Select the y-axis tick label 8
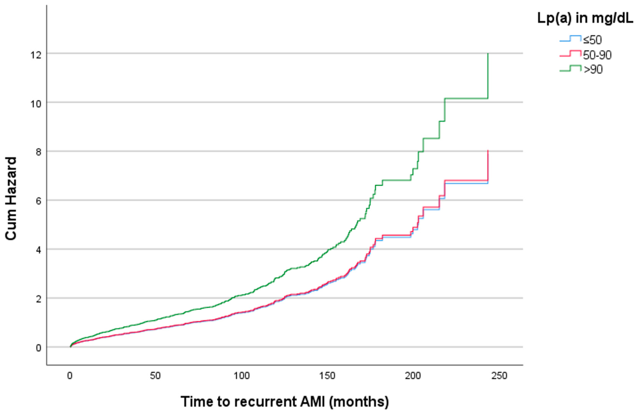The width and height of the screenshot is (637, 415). tap(38, 153)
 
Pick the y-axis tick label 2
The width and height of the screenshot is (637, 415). tap(38, 299)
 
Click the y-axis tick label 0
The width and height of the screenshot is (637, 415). tap(38, 348)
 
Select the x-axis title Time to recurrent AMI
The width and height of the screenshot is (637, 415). tap(284, 402)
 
